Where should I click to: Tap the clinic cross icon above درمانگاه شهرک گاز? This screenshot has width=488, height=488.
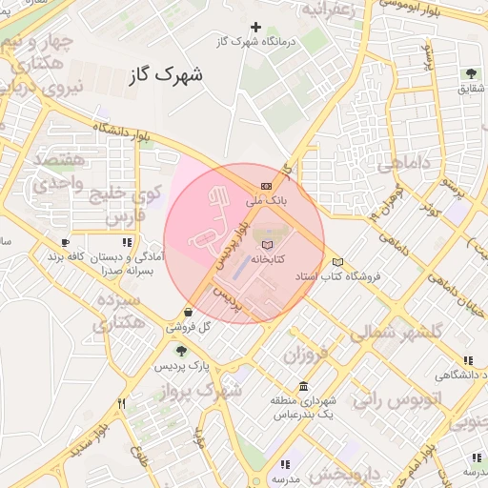254,28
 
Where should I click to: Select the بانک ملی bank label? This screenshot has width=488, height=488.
266,201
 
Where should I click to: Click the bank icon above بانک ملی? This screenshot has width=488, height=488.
266,186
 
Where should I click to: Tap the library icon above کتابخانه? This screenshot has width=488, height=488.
266,245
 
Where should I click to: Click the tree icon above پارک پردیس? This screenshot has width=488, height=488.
181,352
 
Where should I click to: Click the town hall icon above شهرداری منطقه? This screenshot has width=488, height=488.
303,387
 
